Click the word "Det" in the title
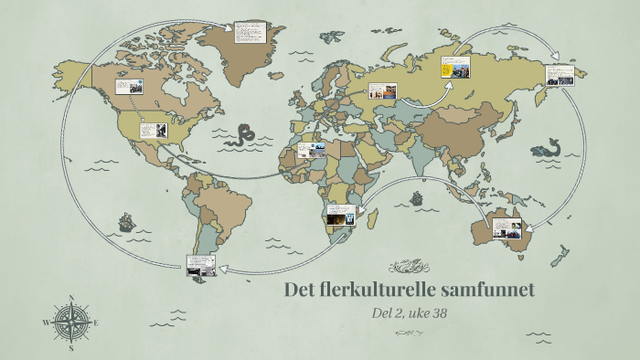(x=302, y=290)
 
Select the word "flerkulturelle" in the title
(x=383, y=290)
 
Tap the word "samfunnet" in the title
(x=488, y=290)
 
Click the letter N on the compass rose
(x=71, y=298)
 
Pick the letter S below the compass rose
(x=71, y=348)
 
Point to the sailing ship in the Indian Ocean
(x=417, y=196)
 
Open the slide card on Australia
(x=507, y=228)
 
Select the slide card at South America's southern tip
(x=200, y=265)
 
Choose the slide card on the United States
(x=153, y=131)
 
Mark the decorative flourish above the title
(x=410, y=266)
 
